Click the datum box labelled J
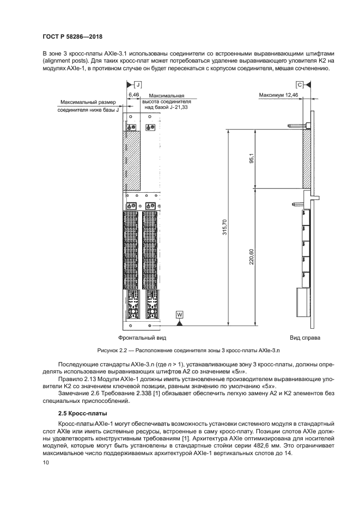(138, 85)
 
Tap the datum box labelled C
(300, 85)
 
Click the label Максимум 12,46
(278, 95)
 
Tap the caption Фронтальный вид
(138, 338)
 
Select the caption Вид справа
(305, 338)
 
